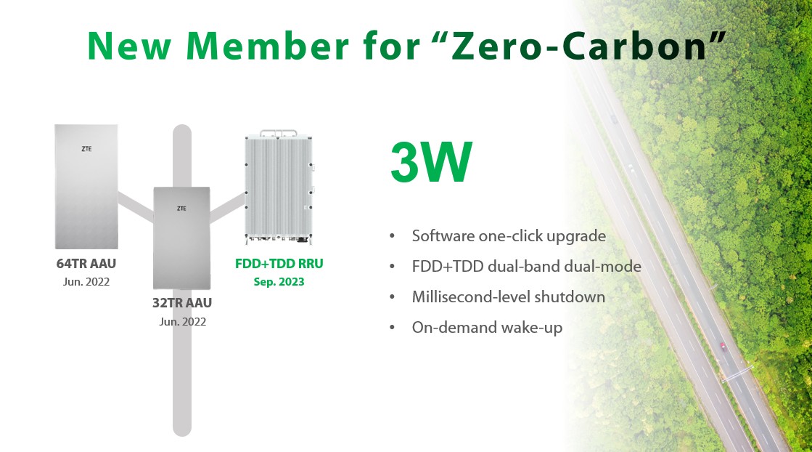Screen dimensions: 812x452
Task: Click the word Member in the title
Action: coord(267,46)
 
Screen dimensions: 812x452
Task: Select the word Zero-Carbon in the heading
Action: coord(578,46)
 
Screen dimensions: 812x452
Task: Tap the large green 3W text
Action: coord(431,162)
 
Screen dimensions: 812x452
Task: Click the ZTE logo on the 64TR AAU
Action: coord(86,149)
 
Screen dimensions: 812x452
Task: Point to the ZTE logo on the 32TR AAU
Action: coord(181,209)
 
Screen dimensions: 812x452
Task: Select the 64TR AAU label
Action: coord(86,263)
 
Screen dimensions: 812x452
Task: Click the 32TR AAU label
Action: coord(181,303)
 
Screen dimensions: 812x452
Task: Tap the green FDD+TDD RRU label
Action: coord(279,263)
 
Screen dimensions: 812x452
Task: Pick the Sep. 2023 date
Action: coord(279,282)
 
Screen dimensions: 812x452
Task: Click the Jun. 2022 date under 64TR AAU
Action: coord(86,282)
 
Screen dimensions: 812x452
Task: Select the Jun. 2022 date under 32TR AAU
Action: coord(182,322)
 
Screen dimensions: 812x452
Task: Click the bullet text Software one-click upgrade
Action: coord(509,236)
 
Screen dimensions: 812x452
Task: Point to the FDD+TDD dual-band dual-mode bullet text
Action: coord(527,267)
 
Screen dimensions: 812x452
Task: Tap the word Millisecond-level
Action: coord(470,297)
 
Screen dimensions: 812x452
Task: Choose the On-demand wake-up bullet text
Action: coord(487,328)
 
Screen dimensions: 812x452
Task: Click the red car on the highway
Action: coord(723,347)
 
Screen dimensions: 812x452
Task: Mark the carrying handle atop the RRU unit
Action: coord(279,133)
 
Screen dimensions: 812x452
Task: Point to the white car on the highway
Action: coord(631,168)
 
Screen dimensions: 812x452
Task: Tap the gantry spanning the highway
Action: coord(737,374)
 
